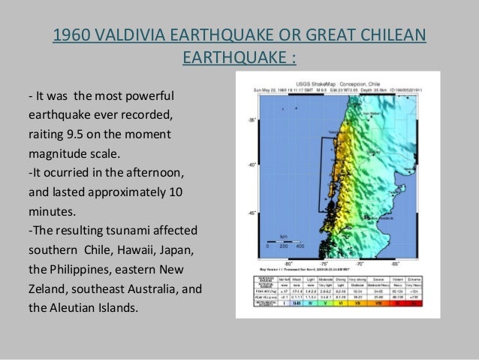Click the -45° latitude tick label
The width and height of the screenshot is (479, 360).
[252, 213]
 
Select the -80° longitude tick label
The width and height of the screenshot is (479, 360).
[288, 264]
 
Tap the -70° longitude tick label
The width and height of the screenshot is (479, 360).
[360, 264]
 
